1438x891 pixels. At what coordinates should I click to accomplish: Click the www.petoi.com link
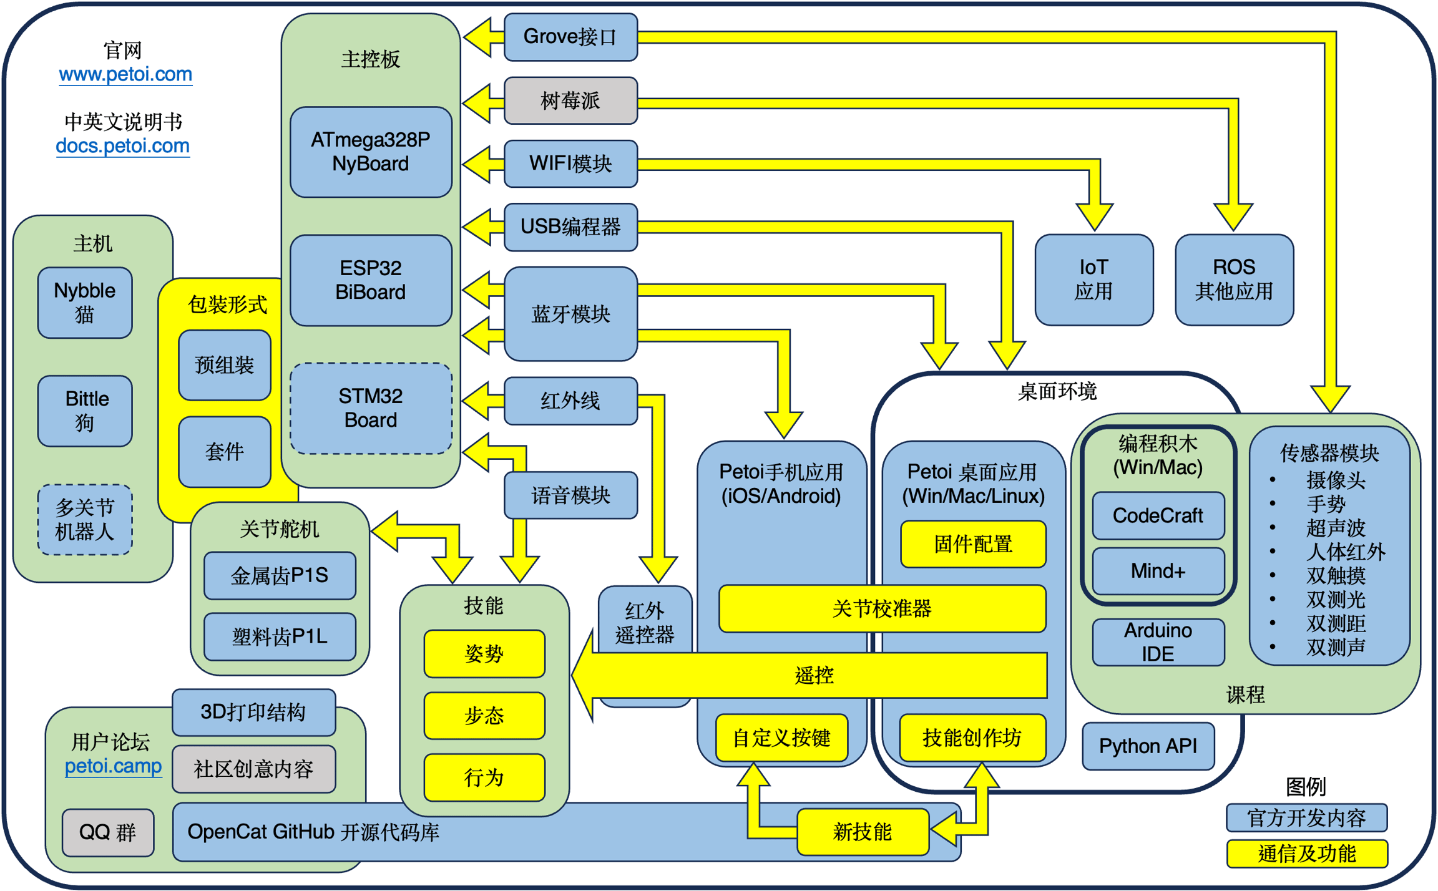[125, 74]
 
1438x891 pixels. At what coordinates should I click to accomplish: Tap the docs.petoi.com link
[123, 146]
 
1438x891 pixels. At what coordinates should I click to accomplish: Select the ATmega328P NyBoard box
[371, 152]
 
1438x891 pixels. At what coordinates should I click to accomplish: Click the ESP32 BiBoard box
[371, 280]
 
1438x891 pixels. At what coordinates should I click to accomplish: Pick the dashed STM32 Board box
[371, 408]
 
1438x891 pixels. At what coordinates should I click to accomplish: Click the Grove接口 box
[570, 37]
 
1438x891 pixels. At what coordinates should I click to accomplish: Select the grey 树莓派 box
[570, 100]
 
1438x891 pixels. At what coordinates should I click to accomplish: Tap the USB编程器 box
[570, 226]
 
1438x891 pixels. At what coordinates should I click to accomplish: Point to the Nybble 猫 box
[85, 303]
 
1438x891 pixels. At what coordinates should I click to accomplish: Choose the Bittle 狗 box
[85, 411]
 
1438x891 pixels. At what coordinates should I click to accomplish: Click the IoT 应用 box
[1093, 280]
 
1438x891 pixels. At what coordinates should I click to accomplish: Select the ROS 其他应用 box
[1234, 280]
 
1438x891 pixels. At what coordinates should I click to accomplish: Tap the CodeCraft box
[1158, 515]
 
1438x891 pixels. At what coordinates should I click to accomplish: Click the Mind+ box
[1158, 571]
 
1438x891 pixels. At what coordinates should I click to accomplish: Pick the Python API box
[1148, 746]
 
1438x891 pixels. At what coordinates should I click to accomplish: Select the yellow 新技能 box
[863, 832]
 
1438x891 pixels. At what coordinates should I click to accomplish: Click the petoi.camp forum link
[113, 766]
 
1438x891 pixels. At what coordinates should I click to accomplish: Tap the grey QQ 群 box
[108, 832]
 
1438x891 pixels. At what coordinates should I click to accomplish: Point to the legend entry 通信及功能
[1307, 854]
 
